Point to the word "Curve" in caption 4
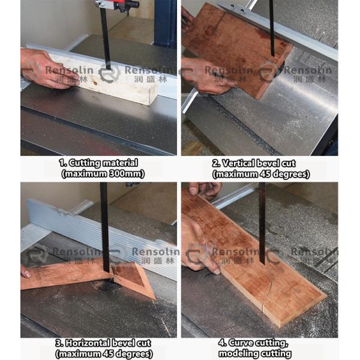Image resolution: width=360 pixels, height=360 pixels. tap(241, 343)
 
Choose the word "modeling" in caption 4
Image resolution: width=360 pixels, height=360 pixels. tap(236, 353)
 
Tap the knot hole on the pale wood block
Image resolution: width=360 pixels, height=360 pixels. tap(95, 81)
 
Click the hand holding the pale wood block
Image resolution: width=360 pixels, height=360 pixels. tap(47, 69)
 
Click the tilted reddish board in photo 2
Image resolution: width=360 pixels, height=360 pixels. tap(236, 49)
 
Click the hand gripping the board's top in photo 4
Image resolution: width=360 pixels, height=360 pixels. tap(205, 190)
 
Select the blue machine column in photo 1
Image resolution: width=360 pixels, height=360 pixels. tap(166, 23)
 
